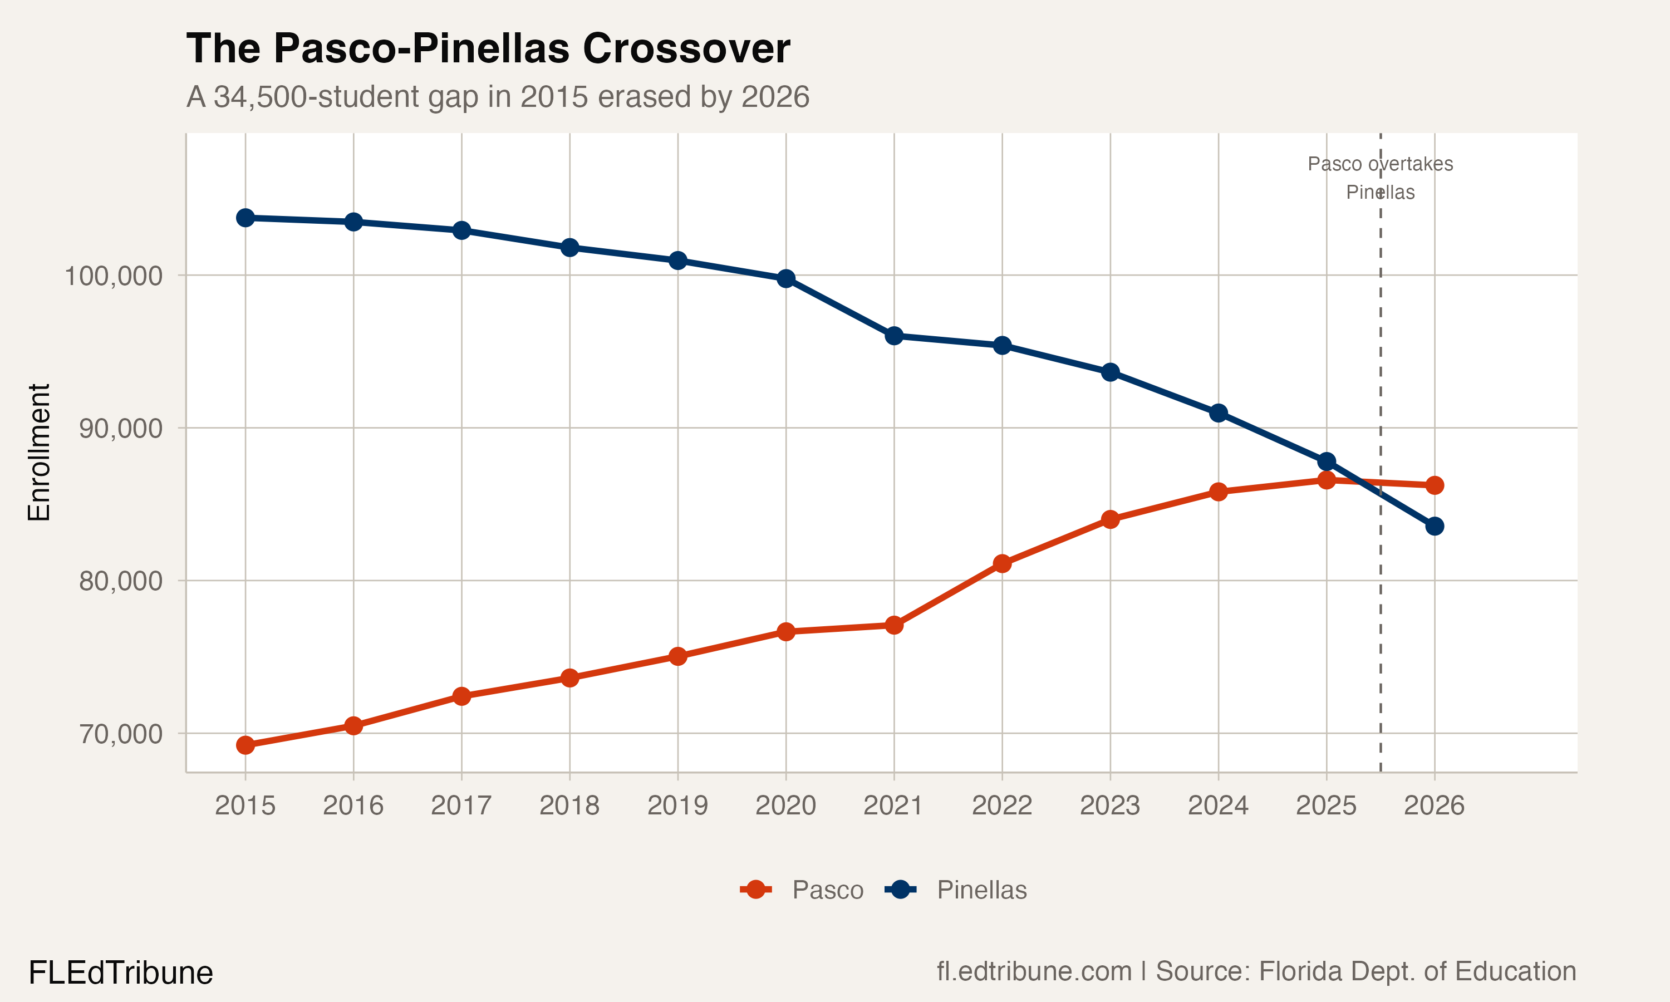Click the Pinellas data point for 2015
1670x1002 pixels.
coord(245,218)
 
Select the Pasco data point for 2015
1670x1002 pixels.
coord(245,745)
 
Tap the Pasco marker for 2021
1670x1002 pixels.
coord(893,625)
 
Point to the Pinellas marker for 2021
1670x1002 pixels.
coord(893,336)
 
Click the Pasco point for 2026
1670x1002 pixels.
coord(1435,485)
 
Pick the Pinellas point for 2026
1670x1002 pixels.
coord(1435,526)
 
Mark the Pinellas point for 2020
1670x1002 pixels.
coord(785,279)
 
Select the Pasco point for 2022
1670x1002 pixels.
coord(1002,563)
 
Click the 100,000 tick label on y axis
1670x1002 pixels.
coord(113,276)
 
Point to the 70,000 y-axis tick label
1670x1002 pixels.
coord(121,734)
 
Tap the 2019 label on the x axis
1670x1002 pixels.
coord(677,805)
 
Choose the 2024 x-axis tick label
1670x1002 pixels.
coord(1218,805)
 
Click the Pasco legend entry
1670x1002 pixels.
coord(827,890)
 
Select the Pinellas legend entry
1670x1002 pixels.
coord(981,890)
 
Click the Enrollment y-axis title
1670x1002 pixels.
coord(39,453)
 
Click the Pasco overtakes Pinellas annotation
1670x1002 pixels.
coord(1380,178)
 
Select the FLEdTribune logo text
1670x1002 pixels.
coord(120,973)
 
